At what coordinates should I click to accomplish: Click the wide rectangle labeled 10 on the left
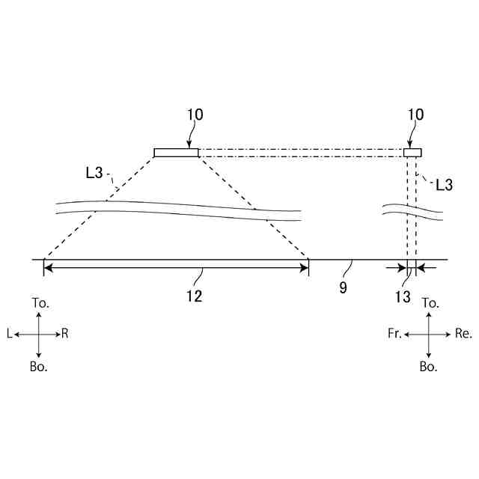click(x=177, y=153)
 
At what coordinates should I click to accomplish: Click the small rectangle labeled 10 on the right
click(x=412, y=153)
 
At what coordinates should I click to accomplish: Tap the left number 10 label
click(x=195, y=115)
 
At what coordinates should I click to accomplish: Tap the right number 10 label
click(x=416, y=115)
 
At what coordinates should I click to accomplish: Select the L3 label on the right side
click(x=444, y=184)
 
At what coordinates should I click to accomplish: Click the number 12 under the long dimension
click(x=194, y=296)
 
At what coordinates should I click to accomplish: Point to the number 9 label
click(x=343, y=287)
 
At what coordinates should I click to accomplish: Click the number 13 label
click(x=403, y=297)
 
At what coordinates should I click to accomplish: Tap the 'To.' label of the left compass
click(x=40, y=303)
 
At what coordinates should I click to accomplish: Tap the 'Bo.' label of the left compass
click(x=39, y=367)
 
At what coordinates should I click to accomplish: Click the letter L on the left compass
click(x=9, y=335)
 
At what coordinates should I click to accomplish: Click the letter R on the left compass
click(x=65, y=335)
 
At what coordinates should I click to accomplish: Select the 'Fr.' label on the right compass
click(x=394, y=335)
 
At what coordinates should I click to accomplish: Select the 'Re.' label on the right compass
click(x=463, y=335)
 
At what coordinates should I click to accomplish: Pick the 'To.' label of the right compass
click(x=430, y=303)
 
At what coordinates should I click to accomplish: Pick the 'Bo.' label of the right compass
click(x=428, y=367)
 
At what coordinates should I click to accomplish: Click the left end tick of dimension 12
click(x=44, y=268)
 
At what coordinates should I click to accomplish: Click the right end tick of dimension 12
click(x=308, y=268)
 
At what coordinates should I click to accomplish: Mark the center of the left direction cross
click(x=39, y=335)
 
